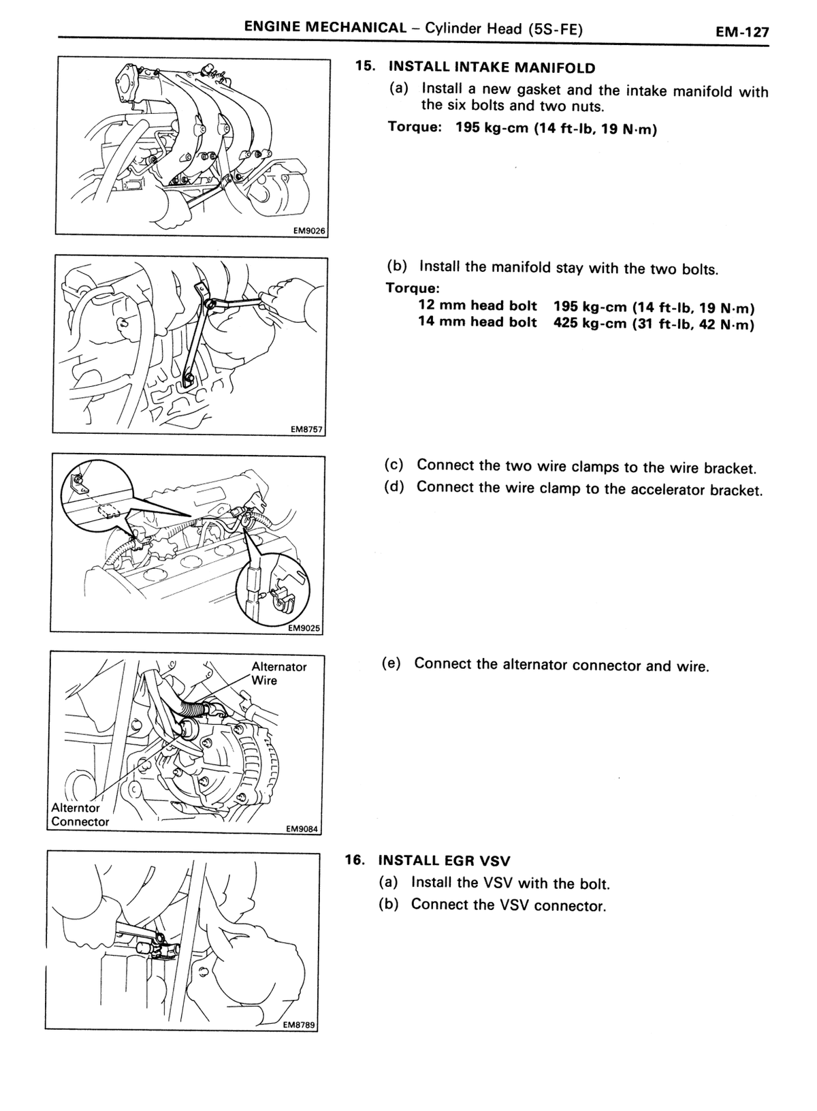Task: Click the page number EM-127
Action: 742,32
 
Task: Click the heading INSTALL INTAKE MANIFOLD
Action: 492,67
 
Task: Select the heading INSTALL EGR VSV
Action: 444,860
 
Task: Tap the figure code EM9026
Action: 309,231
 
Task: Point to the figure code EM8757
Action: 307,430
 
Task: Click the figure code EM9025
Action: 304,628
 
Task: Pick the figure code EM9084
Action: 302,828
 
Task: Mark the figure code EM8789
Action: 299,1024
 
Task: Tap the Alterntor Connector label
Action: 80,815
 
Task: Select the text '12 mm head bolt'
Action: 477,305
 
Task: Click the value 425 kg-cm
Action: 590,323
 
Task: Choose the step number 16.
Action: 355,860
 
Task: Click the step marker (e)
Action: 391,663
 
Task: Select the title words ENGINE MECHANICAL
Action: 325,27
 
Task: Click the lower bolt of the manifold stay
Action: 189,379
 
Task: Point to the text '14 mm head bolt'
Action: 477,322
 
